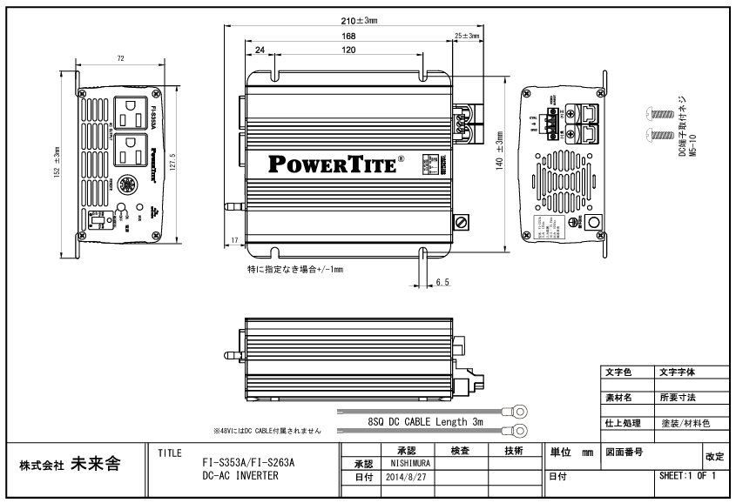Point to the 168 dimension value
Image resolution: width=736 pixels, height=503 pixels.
[348, 36]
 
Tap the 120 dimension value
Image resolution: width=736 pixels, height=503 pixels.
[348, 50]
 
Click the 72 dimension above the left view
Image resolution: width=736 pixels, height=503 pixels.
[122, 58]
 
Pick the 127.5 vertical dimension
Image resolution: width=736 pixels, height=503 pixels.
[173, 162]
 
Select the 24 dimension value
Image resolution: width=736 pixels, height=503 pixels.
[260, 50]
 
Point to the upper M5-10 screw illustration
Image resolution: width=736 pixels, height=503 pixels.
[658, 113]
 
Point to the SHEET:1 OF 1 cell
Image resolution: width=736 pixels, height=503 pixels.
[689, 477]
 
